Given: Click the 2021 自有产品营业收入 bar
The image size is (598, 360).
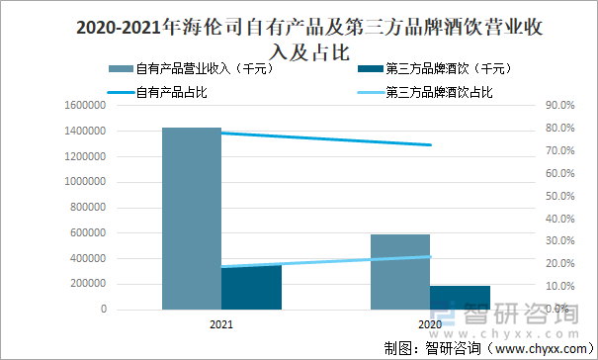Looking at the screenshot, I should (x=192, y=218).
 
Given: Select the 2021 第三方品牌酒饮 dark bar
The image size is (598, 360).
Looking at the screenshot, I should (x=252, y=287).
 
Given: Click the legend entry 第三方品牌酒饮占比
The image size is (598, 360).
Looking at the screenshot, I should (x=439, y=92).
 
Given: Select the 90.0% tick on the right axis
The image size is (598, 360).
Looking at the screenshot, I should (x=559, y=105).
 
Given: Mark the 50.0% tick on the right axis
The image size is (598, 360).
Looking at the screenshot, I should (x=559, y=196).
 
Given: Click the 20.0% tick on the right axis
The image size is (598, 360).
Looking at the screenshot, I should (x=559, y=264).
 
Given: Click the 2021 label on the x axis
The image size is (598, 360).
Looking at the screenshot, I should (x=221, y=324).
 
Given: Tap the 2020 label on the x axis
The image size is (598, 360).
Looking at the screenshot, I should (x=430, y=324).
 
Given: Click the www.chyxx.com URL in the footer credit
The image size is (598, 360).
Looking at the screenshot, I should (x=539, y=349).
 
